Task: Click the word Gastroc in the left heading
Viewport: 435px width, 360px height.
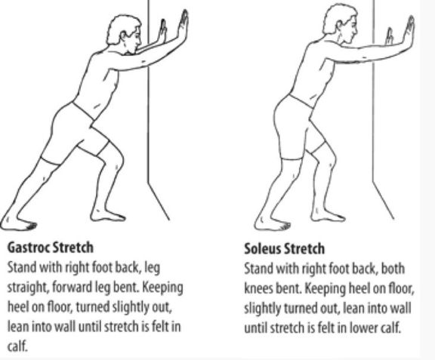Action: pos(28,248)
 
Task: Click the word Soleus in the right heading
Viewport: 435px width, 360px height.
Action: pos(262,248)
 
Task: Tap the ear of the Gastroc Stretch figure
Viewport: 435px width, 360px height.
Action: pos(124,36)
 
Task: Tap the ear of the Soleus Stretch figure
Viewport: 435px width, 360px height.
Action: pos(340,26)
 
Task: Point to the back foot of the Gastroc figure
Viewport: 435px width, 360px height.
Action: pos(18,223)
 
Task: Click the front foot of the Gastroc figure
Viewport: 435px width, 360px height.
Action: pos(108,214)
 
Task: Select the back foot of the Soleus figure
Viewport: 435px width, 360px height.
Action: pos(272,223)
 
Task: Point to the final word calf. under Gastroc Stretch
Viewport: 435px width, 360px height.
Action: pos(17,346)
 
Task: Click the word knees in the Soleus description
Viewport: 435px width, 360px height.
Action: pos(259,289)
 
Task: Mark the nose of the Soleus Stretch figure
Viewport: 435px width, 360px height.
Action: pos(356,29)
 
